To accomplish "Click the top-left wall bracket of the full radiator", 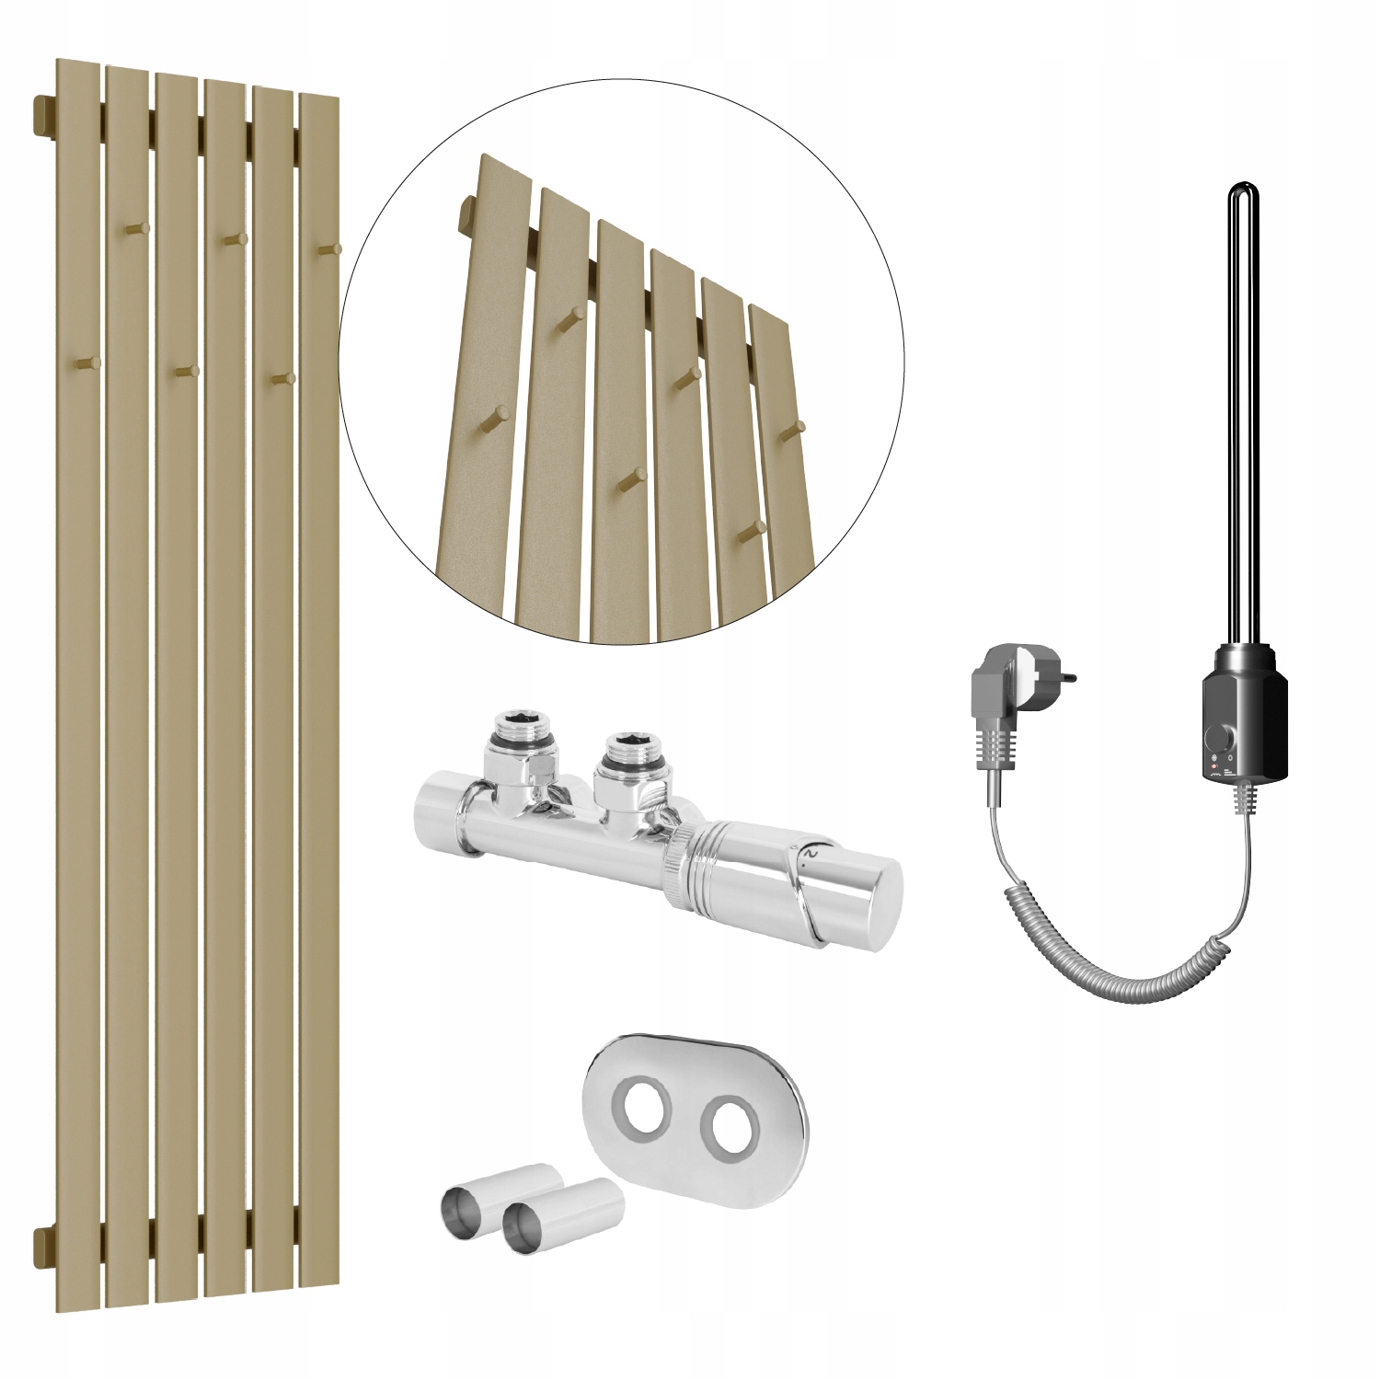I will click(x=44, y=116).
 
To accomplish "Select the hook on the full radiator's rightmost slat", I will click(x=333, y=248).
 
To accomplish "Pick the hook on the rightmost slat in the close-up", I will click(x=797, y=426).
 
